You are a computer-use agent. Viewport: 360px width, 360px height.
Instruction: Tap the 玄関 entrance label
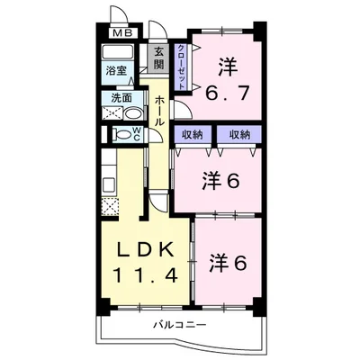(159, 58)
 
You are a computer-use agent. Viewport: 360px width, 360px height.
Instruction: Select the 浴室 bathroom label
(116, 71)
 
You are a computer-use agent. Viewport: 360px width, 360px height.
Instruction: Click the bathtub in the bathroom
(118, 52)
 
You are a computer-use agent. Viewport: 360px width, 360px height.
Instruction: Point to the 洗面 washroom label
(121, 98)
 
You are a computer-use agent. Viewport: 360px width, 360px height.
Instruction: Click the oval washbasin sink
(132, 114)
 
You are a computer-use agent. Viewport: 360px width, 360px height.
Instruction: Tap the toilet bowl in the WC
(122, 135)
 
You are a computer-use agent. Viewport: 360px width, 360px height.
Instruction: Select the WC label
(137, 133)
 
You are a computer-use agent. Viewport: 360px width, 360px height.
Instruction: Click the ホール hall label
(159, 111)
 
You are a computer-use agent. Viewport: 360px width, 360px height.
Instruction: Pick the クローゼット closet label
(181, 67)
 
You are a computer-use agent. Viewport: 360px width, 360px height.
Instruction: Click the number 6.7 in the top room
(227, 94)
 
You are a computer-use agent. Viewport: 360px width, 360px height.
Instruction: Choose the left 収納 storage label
(193, 135)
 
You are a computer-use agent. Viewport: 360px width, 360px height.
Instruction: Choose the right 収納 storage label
(239, 135)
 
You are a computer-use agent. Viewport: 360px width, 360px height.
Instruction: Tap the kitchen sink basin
(109, 186)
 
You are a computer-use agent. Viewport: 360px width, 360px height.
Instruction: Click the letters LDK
(146, 249)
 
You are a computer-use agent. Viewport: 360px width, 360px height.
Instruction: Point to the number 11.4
(145, 275)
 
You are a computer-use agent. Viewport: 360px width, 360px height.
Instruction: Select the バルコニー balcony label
(180, 325)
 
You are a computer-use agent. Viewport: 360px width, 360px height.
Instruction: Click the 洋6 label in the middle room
(221, 180)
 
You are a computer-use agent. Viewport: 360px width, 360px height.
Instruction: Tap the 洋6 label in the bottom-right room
(228, 263)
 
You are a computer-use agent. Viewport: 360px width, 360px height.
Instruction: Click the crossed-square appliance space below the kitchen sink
(110, 207)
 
